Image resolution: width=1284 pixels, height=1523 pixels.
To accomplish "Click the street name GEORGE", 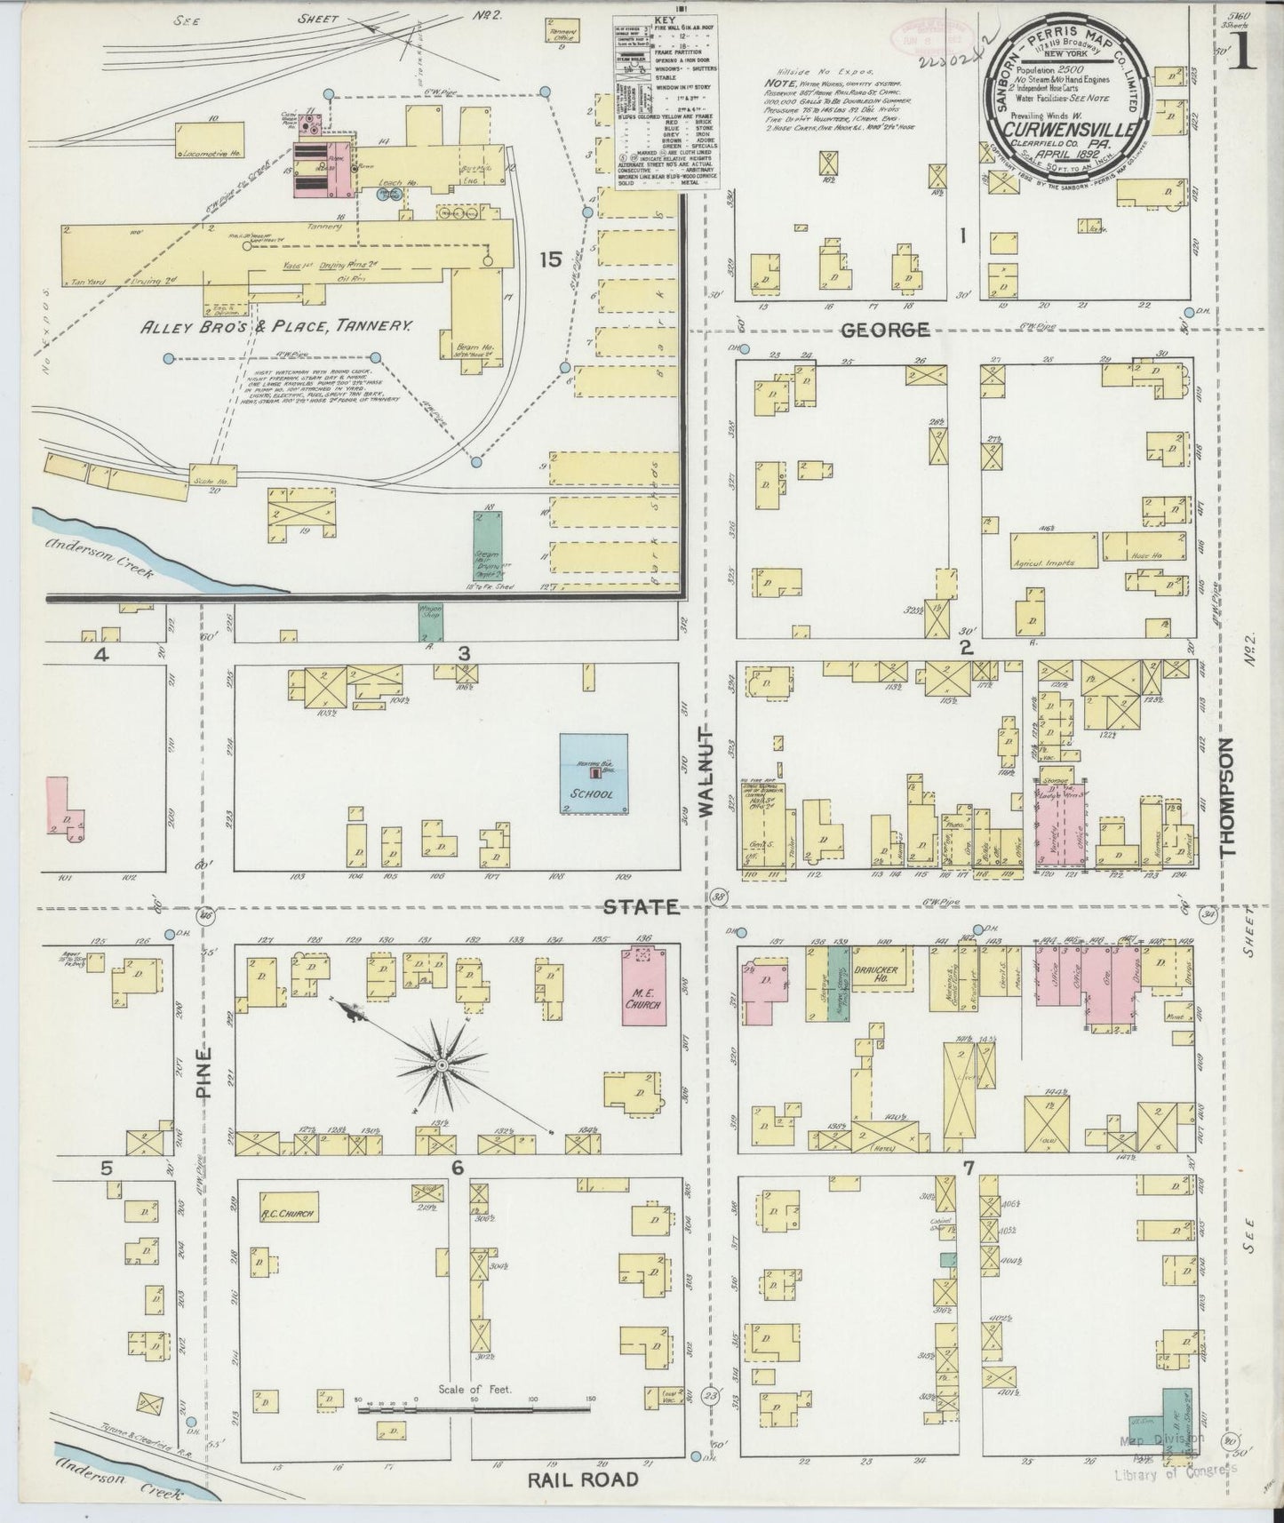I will coord(885,330).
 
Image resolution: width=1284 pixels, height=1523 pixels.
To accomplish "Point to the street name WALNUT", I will coord(707,773).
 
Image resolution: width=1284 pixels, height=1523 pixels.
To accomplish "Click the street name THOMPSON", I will coord(1229,796).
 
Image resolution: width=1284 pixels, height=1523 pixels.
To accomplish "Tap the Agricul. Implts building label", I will coord(1045,562).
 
